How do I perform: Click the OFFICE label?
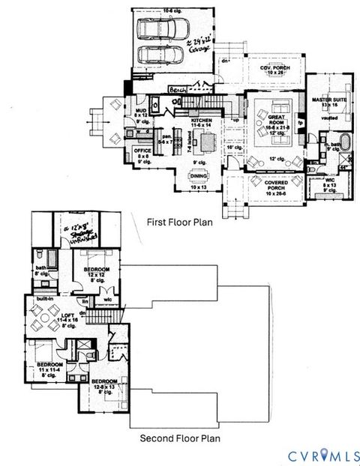pyautogui.click(x=142, y=151)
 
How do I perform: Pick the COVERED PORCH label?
pyautogui.click(x=266, y=181)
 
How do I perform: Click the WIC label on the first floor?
pyautogui.click(x=331, y=180)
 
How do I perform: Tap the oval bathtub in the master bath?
pyautogui.click(x=335, y=141)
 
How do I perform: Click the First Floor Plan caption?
pyautogui.click(x=181, y=222)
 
